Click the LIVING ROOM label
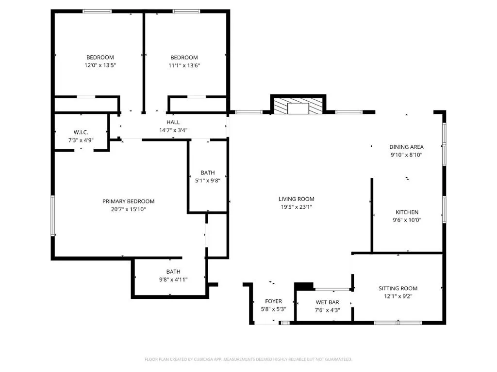point(297,199)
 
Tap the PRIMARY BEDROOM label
point(128,201)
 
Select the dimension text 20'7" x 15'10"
point(128,209)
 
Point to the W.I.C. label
point(81,132)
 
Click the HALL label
point(173,122)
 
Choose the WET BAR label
point(328,302)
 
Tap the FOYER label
point(274,301)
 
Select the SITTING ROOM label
point(398,288)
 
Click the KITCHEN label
point(407,212)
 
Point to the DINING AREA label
point(406,147)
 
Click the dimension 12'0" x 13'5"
point(100,65)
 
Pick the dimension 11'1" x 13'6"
point(184,65)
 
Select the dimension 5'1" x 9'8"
point(208,181)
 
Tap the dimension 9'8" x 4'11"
point(173,279)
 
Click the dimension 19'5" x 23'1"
point(297,207)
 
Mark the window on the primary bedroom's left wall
point(53,216)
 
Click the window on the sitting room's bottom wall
point(398,323)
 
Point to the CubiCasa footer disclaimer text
point(248,359)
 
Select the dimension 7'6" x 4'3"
point(328,310)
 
